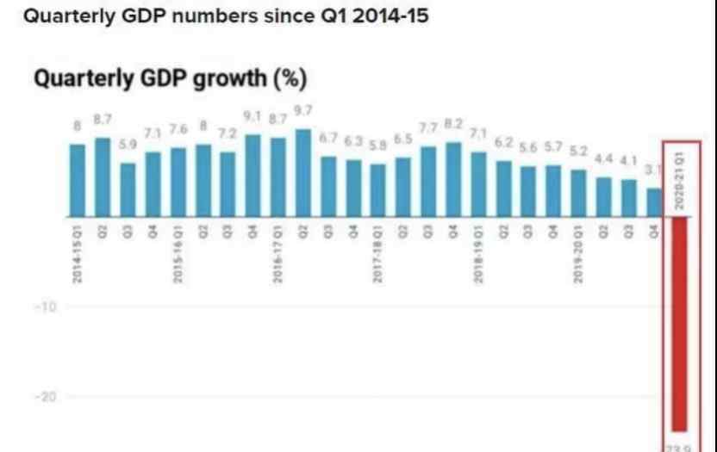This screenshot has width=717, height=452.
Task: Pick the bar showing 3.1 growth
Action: [654, 202]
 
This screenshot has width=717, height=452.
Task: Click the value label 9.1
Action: [253, 115]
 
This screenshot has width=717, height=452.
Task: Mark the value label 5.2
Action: [578, 151]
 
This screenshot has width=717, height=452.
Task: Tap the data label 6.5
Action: [403, 139]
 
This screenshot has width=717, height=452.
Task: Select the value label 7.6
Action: [178, 129]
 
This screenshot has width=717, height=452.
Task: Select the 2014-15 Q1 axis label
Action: [78, 252]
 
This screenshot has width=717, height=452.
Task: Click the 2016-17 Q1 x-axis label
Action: [277, 252]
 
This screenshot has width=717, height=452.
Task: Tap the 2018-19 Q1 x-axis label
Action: [478, 252]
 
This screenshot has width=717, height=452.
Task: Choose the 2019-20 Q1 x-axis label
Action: [578, 252]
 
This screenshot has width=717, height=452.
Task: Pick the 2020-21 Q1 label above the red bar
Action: [680, 177]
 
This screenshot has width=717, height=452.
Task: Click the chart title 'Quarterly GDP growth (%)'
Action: [170, 79]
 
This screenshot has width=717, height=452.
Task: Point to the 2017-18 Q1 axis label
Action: [377, 252]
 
